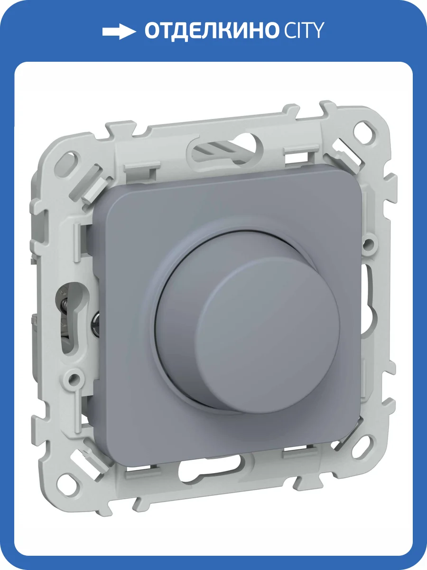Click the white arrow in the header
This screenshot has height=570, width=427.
[x=119, y=32]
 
